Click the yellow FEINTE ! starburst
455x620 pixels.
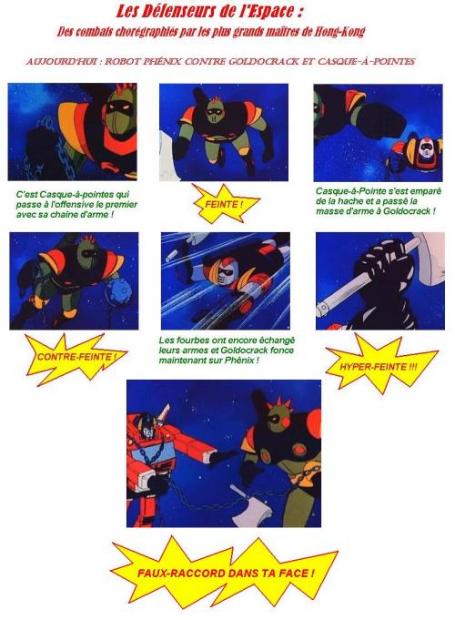[224, 205]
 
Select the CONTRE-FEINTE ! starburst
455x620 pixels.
[76, 358]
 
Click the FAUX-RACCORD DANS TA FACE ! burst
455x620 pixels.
[226, 574]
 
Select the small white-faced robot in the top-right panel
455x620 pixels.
[417, 153]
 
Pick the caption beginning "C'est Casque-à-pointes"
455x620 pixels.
[76, 205]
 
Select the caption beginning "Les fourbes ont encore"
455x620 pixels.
[227, 351]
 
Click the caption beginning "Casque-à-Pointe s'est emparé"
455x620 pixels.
[379, 201]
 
